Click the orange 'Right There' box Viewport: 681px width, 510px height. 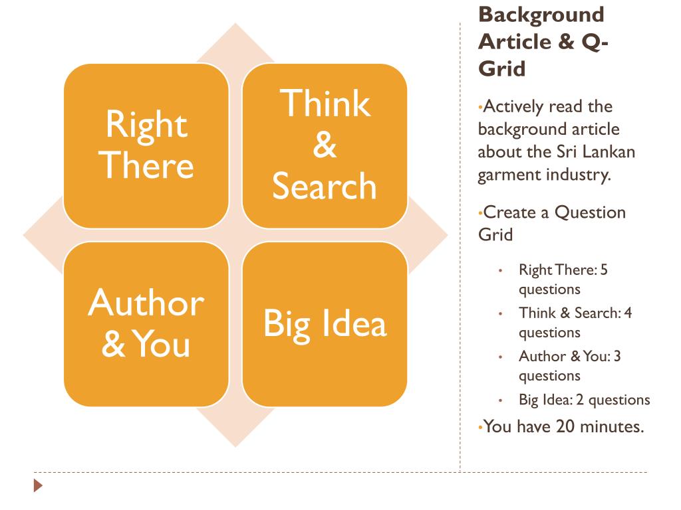(146, 145)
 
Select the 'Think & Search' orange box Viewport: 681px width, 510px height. (325, 145)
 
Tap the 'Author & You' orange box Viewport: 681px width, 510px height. (146, 324)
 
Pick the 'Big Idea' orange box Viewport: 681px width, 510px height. (325, 324)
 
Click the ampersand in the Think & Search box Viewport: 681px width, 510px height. (325, 145)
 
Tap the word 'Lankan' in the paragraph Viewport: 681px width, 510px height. (609, 151)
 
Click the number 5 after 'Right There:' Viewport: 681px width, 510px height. (604, 270)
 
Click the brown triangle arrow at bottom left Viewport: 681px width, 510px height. (39, 486)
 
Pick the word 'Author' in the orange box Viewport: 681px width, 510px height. (146, 303)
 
